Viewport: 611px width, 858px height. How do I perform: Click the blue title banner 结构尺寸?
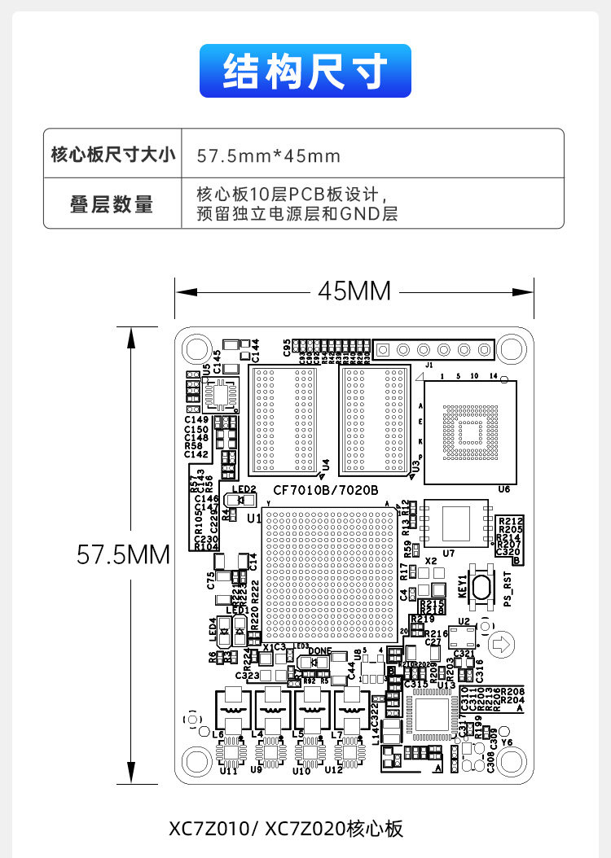coord(305,72)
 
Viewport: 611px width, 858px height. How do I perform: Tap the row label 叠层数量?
coord(112,204)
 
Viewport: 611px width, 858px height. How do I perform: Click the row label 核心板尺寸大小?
coord(112,155)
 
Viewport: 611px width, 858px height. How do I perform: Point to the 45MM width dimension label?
coord(354,291)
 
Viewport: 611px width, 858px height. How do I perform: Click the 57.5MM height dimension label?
coord(123,555)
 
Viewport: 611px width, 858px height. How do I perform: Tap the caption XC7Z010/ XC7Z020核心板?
coord(286,829)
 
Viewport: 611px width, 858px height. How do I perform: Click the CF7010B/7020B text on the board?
coord(326,490)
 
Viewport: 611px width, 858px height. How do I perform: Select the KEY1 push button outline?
coord(478,589)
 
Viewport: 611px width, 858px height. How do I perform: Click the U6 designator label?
coord(503,489)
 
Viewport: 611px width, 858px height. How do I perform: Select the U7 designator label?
coord(425,541)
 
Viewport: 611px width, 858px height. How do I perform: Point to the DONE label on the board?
coord(319,650)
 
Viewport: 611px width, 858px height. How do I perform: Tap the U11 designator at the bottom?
coord(229,771)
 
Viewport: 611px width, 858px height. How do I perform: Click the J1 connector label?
coord(429,366)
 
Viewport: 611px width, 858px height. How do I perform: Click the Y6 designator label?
coord(507,742)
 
